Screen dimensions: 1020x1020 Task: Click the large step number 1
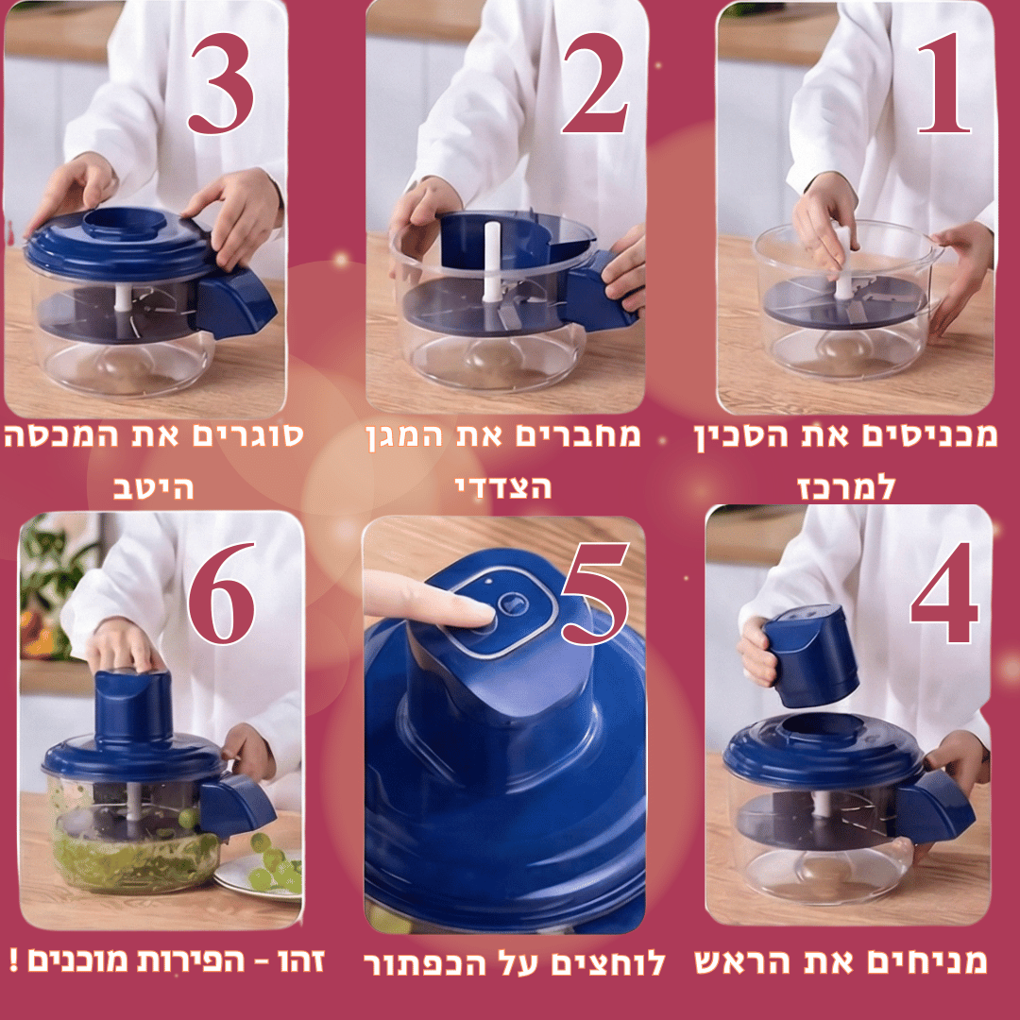pos(945,85)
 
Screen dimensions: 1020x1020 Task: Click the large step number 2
pos(594,85)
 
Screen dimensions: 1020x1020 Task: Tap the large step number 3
pos(221,85)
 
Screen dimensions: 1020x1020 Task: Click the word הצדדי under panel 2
pos(503,488)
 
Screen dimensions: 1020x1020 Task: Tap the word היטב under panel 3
pos(153,488)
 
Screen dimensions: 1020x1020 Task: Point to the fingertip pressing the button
pos(483,616)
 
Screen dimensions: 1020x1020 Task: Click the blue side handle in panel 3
pos(236,302)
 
